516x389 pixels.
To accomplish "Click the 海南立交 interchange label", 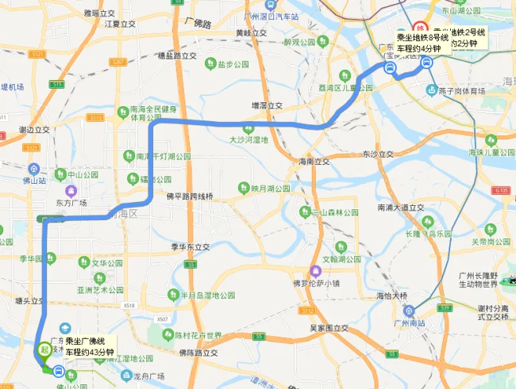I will tap(314, 162).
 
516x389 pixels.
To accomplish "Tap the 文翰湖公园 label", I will tap(341, 259).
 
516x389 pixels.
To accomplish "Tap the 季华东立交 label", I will tap(190, 246).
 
